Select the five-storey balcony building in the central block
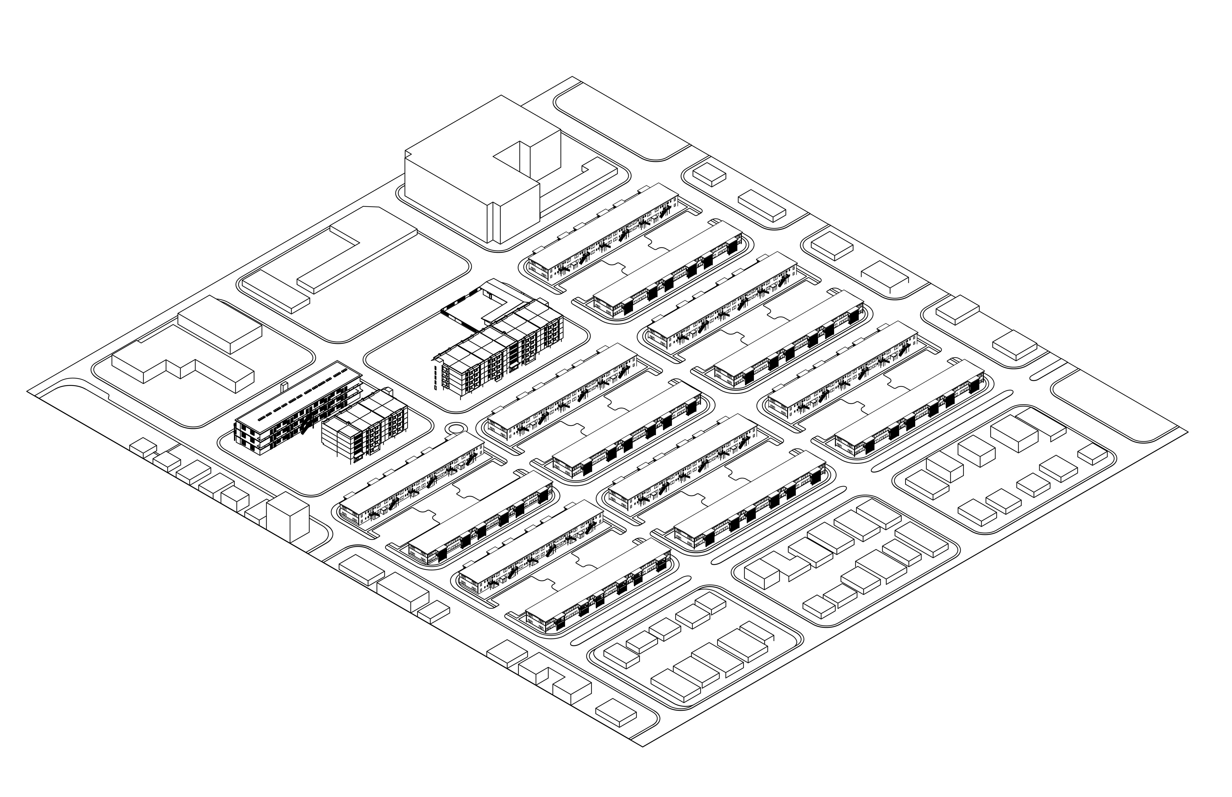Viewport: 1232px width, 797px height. tap(497, 352)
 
